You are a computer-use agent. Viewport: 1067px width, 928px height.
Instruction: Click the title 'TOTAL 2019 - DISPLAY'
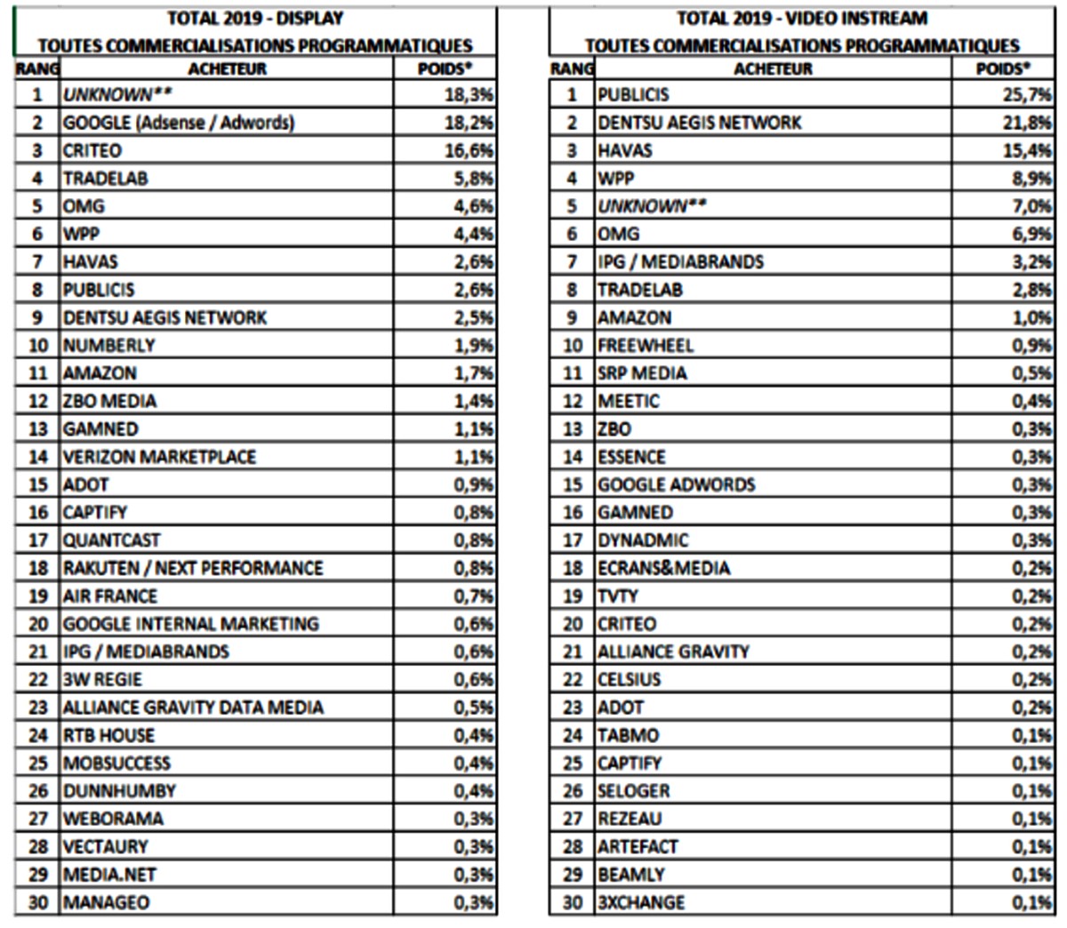[255, 18]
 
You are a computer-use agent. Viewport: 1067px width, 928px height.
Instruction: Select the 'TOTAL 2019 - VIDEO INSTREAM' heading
[802, 18]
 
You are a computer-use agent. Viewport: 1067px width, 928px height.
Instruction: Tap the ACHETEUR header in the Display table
[227, 68]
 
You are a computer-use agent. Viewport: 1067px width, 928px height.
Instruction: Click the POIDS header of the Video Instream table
[1002, 68]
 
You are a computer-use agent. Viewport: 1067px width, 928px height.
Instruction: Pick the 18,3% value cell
[469, 95]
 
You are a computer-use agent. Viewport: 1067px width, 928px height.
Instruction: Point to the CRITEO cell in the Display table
[92, 150]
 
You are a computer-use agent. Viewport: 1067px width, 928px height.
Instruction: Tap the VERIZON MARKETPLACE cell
[159, 457]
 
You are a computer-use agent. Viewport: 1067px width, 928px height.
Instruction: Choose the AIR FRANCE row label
[109, 596]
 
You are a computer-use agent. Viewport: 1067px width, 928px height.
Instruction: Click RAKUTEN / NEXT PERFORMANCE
[193, 568]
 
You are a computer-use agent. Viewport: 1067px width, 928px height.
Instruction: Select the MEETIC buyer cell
[629, 401]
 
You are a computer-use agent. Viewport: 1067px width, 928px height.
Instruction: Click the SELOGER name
[634, 791]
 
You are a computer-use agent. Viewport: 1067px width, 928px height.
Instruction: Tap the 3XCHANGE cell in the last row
[641, 902]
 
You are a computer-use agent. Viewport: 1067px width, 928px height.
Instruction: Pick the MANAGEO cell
[106, 902]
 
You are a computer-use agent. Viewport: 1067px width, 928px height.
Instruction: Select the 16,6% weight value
[469, 150]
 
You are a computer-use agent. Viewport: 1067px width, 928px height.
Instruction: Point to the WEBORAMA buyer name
[113, 819]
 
